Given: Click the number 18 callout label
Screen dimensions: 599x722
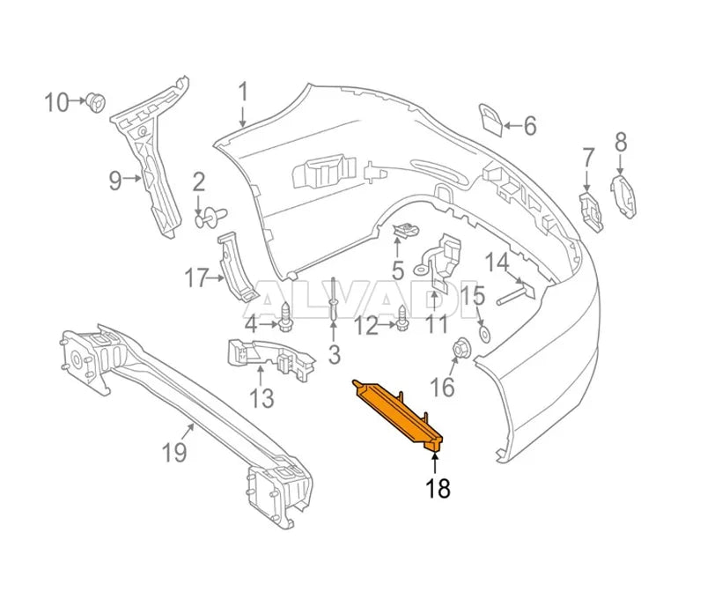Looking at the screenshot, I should click(438, 489).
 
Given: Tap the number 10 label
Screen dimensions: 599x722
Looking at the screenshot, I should click(55, 103).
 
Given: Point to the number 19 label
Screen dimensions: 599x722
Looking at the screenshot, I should click(174, 453).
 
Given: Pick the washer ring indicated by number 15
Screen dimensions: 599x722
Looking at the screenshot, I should click(483, 334).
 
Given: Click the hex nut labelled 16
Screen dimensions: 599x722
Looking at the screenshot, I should click(458, 351).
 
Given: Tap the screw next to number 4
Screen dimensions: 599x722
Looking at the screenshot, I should click(287, 315).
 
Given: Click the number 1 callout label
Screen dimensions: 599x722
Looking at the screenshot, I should click(243, 91).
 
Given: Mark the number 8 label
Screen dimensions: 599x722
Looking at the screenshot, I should click(620, 141).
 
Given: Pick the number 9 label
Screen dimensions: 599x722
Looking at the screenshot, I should click(115, 181).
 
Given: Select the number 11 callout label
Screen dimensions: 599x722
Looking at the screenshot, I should click(438, 325).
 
